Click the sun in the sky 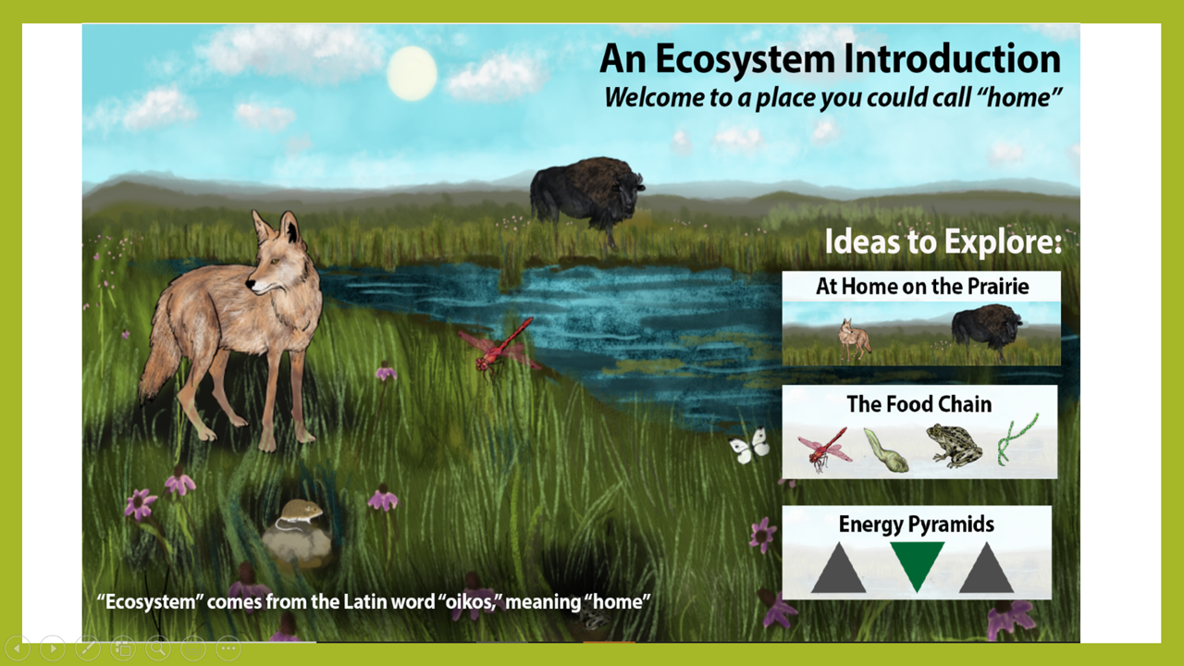pos(412,73)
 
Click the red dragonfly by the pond pos(499,347)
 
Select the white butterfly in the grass pos(749,446)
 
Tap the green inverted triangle pos(917,565)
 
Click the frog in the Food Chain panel pos(954,446)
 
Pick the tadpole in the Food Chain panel pos(886,450)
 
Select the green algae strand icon pos(1016,439)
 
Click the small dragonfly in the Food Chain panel pos(824,450)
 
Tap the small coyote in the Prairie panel pos(854,339)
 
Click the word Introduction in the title pos(952,58)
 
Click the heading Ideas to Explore pos(943,241)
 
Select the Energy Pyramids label pos(917,524)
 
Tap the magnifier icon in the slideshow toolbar pos(158,648)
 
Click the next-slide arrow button pos(53,648)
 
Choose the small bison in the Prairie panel pos(986,331)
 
